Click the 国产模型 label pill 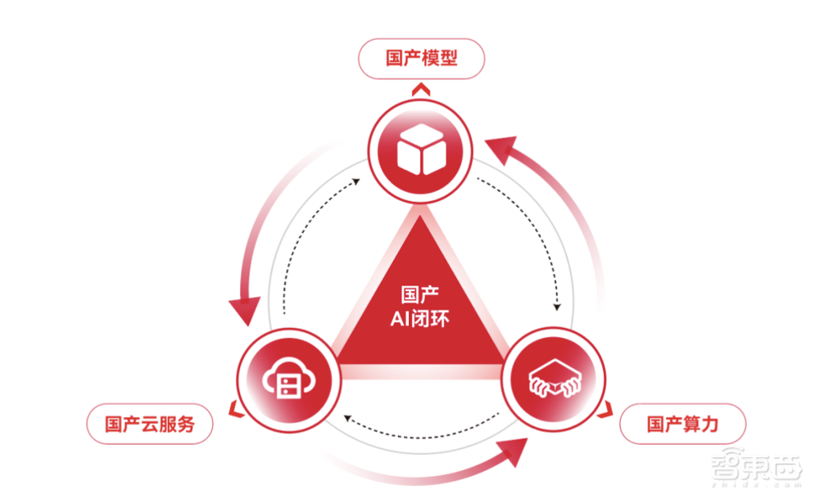[421, 58]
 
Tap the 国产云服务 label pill [150, 424]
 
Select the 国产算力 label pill [683, 424]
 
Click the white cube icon [421, 149]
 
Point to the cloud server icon [289, 379]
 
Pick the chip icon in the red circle [554, 379]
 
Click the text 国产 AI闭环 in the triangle [419, 307]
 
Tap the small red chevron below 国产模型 [421, 89]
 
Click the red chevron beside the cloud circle [236, 410]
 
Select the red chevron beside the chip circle [605, 410]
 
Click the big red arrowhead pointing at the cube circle [501, 149]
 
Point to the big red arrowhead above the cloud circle [244, 310]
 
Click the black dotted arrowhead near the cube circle [356, 181]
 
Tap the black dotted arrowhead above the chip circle [557, 308]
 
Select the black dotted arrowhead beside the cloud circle [346, 417]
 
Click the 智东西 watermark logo [756, 467]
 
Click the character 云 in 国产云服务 [150, 424]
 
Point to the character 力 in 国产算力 [709, 424]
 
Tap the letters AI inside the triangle [400, 319]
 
